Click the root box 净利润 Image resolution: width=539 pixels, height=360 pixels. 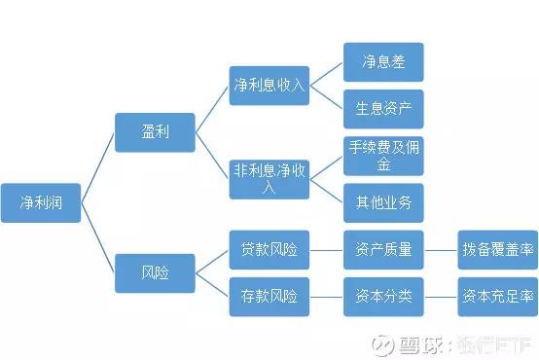click(x=41, y=202)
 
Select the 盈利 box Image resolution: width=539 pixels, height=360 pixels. click(x=155, y=131)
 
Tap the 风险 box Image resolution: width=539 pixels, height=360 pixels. click(x=155, y=272)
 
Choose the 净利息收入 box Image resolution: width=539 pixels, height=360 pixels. click(x=269, y=85)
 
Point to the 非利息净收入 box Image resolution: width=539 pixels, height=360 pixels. click(x=269, y=178)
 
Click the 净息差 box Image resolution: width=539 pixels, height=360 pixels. click(x=383, y=61)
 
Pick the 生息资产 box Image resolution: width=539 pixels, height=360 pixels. click(x=383, y=108)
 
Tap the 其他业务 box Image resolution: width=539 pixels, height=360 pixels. click(x=383, y=202)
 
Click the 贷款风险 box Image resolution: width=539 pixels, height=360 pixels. click(x=269, y=250)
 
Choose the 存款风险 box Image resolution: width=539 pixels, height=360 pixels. click(x=269, y=296)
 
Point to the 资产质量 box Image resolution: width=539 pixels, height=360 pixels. click(x=383, y=250)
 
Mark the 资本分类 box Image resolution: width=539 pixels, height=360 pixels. click(x=383, y=296)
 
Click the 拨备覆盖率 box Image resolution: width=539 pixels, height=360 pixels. click(x=498, y=250)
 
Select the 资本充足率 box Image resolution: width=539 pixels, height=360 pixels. click(x=498, y=296)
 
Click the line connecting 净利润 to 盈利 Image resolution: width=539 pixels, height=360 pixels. click(x=97, y=166)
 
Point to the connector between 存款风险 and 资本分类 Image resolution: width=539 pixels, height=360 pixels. click(x=326, y=296)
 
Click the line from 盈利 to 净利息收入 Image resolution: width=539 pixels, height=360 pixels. click(x=212, y=108)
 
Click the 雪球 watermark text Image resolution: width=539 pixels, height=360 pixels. click(x=428, y=342)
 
